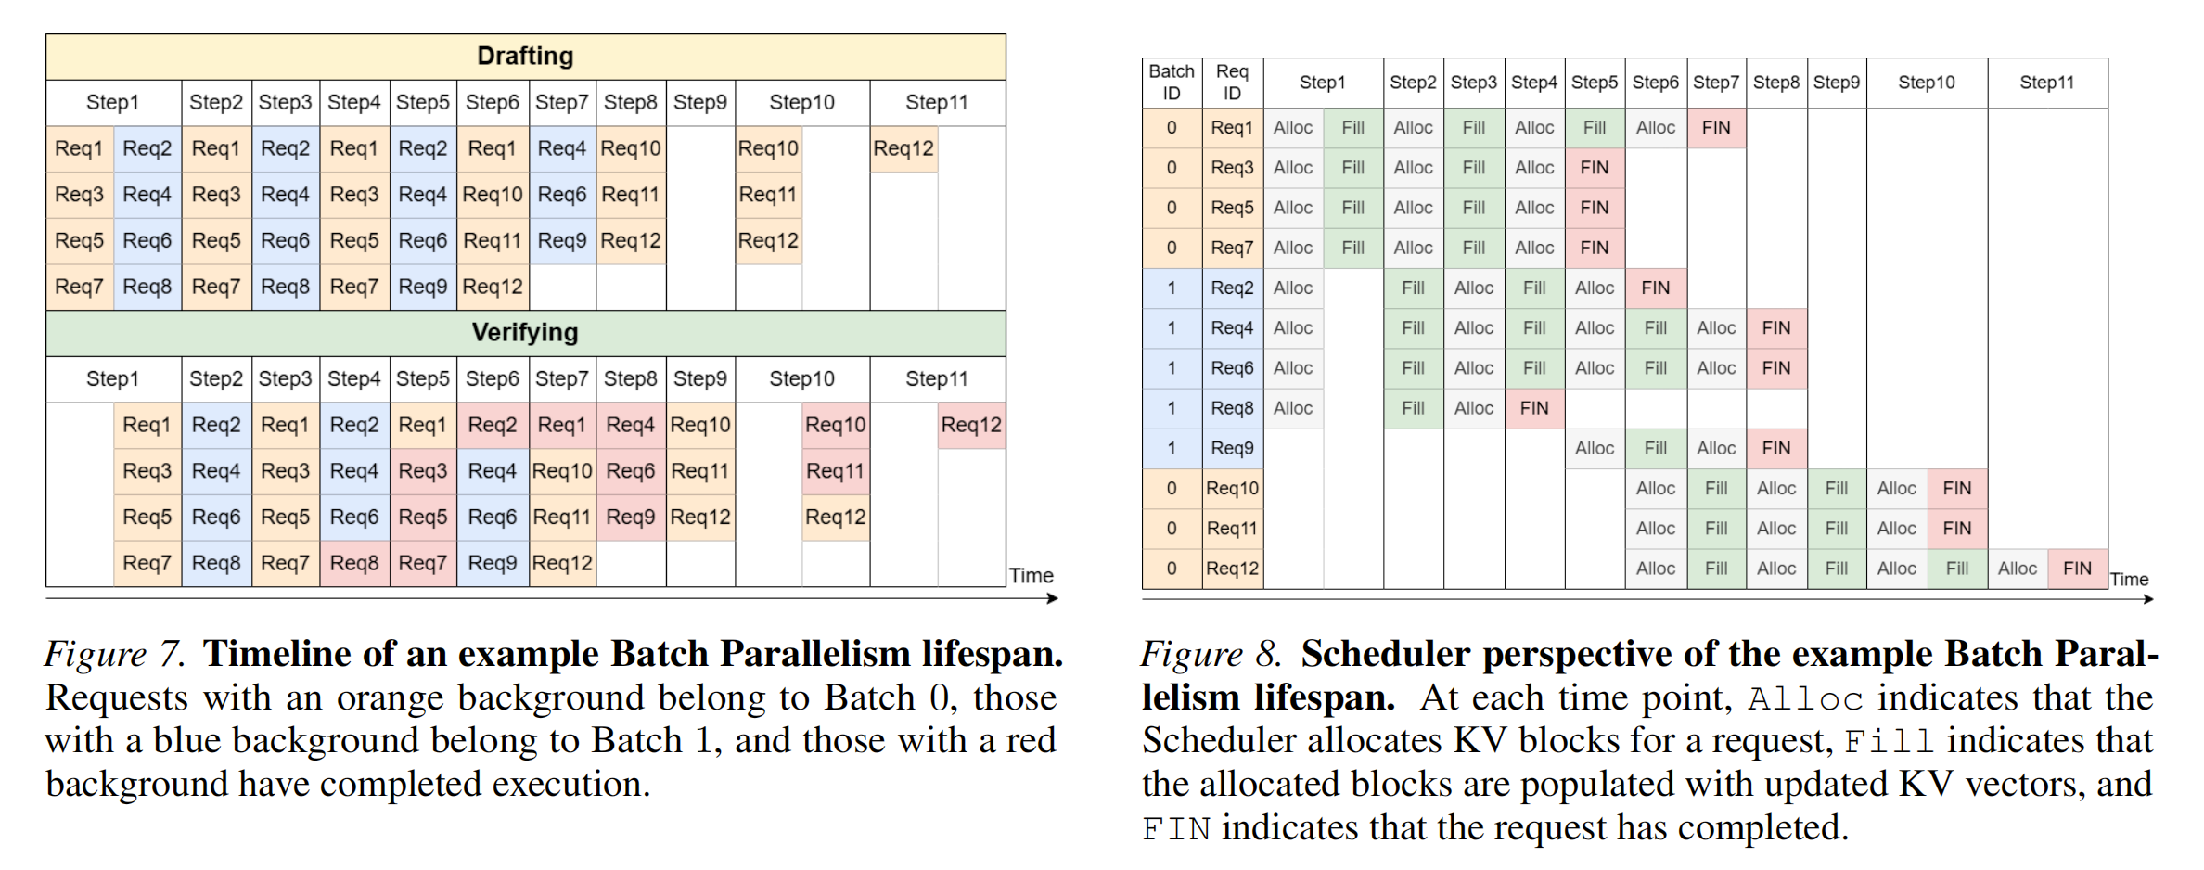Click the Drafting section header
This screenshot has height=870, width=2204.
point(525,57)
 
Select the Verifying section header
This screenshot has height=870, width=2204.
point(525,333)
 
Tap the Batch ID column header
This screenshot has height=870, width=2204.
point(1172,83)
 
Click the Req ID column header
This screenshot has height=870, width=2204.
point(1232,83)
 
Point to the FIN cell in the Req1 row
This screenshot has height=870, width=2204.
point(1716,128)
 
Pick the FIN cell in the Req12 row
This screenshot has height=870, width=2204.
point(2077,569)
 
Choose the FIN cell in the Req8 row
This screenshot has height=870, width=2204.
point(1534,408)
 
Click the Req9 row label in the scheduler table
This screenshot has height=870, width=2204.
point(1232,448)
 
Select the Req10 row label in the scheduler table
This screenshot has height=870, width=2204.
point(1232,489)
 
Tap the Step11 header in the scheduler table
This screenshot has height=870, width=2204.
point(2046,83)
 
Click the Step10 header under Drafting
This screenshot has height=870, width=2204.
point(801,103)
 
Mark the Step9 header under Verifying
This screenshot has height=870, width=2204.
point(699,379)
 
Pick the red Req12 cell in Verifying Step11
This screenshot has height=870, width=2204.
point(971,426)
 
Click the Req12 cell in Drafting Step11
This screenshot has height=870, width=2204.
point(903,148)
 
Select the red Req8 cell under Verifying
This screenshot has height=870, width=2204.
point(354,563)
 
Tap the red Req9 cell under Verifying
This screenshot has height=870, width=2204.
point(631,517)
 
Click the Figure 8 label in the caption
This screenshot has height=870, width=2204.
point(1211,654)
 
